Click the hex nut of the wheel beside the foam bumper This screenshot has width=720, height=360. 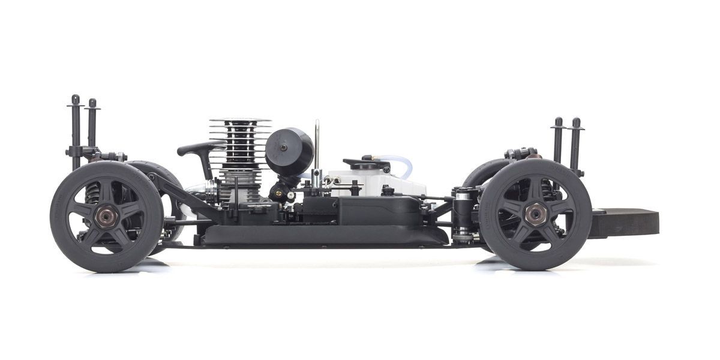(x=535, y=213)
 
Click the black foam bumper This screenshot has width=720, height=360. (x=624, y=222)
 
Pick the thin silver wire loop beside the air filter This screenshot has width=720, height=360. (x=317, y=144)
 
